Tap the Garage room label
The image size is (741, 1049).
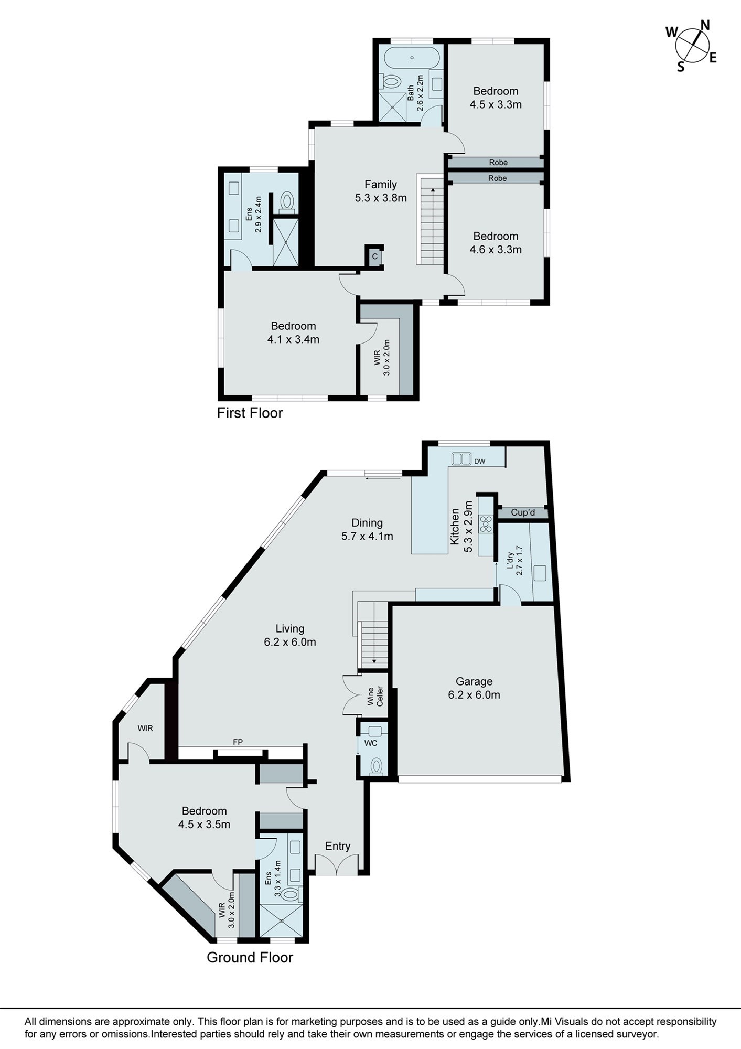click(474, 681)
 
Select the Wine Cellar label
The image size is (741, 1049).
click(375, 696)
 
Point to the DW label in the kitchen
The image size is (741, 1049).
click(479, 462)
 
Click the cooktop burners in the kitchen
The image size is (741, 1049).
click(486, 524)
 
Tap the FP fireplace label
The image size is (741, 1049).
click(238, 742)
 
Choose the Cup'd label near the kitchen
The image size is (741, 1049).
click(523, 512)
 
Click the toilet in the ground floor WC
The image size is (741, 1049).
click(376, 766)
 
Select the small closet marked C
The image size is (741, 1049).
click(375, 256)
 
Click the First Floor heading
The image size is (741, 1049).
click(250, 413)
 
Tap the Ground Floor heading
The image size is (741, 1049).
click(250, 957)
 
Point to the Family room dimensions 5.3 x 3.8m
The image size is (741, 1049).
click(381, 198)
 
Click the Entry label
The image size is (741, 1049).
click(338, 845)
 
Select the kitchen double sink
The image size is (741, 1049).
click(461, 459)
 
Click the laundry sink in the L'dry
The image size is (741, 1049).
click(540, 573)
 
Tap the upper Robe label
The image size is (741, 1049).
click(498, 163)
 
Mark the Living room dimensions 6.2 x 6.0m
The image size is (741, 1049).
click(290, 641)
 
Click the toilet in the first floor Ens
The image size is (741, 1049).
click(286, 202)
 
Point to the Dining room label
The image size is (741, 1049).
click(367, 523)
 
